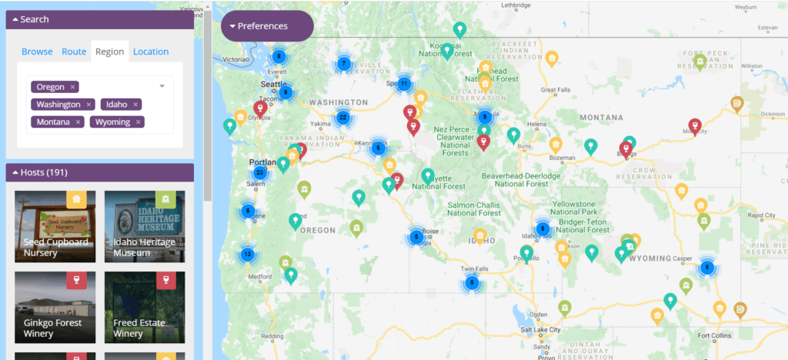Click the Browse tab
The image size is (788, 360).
(x=37, y=52)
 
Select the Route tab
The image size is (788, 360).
(x=74, y=52)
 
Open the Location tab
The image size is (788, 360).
(x=151, y=52)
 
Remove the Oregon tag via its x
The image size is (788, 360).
(x=72, y=87)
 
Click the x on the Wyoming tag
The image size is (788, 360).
(x=139, y=122)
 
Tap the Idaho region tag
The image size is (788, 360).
(x=117, y=105)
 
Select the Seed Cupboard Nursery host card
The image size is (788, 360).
(x=55, y=227)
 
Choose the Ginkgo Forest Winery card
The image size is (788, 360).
(x=55, y=308)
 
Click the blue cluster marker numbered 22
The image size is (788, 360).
(x=342, y=118)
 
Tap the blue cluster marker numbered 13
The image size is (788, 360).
(x=247, y=254)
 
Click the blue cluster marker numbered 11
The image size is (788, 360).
(x=403, y=83)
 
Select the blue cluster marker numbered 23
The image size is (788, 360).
(x=260, y=173)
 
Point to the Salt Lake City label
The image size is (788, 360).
(x=541, y=329)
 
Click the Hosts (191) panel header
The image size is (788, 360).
(x=100, y=172)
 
